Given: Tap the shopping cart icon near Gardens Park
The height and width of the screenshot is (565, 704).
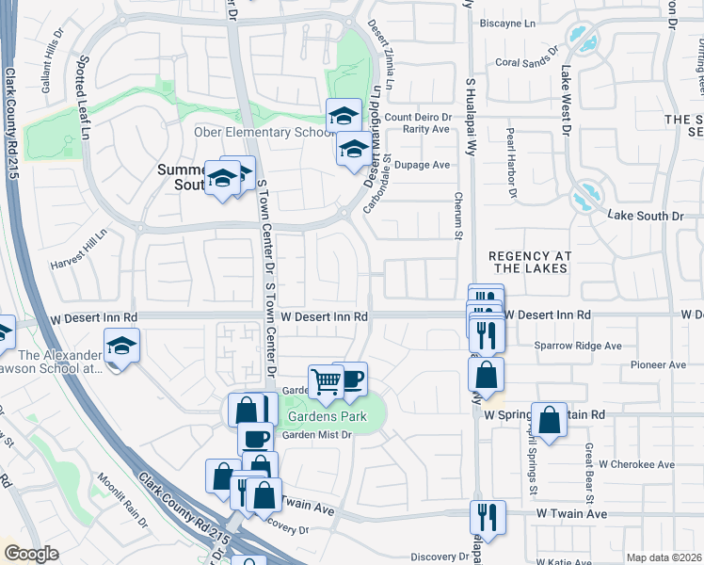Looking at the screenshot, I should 326,381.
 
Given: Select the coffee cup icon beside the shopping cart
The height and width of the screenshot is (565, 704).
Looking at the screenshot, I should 350,379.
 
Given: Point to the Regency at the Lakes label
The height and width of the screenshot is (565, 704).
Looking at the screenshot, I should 528,262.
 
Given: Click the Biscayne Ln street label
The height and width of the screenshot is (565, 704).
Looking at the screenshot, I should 506,22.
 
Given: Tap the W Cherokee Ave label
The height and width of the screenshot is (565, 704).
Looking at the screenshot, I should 636,464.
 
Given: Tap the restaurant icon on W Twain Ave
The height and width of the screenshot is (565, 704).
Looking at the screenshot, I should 488,515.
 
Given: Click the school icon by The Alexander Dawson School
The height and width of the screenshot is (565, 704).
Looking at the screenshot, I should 121,347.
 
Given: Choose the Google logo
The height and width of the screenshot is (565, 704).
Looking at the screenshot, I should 31,554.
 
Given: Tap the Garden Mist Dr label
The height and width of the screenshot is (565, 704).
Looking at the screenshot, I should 316,434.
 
